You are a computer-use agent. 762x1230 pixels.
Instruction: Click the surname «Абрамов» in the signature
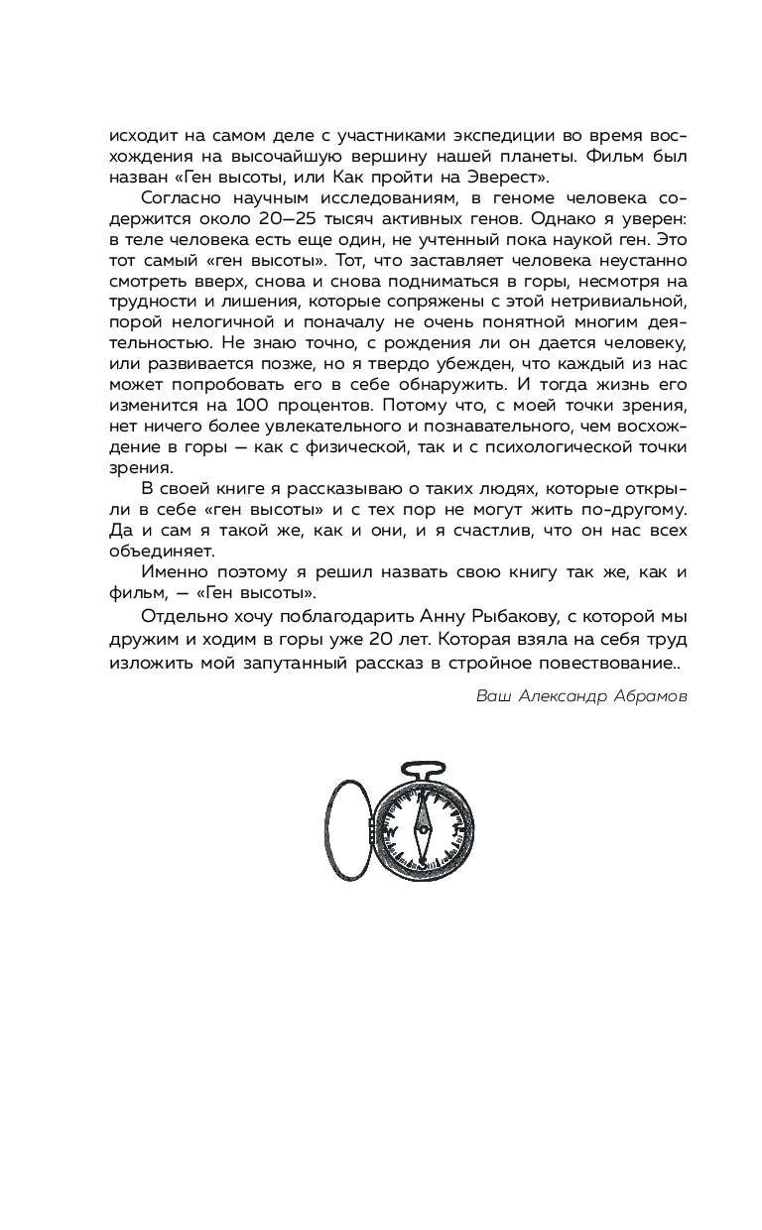pos(651,696)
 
